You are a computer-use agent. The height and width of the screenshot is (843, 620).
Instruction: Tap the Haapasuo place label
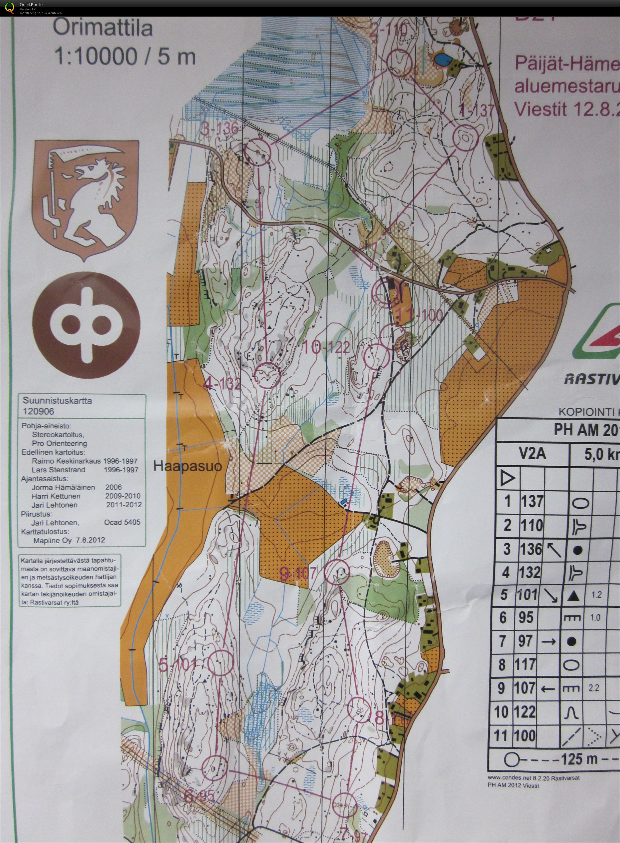point(188,466)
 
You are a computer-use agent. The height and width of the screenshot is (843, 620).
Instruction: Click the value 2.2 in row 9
point(594,688)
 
